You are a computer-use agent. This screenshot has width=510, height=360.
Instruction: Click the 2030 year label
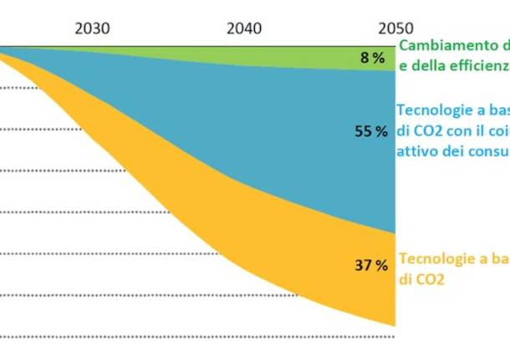pyautogui.click(x=92, y=28)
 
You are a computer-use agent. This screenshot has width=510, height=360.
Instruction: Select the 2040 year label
pyautogui.click(x=244, y=28)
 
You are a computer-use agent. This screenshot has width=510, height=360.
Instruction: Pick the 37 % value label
pyautogui.click(x=371, y=266)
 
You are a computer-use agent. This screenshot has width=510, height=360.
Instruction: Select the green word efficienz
pyautogui.click(x=477, y=63)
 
